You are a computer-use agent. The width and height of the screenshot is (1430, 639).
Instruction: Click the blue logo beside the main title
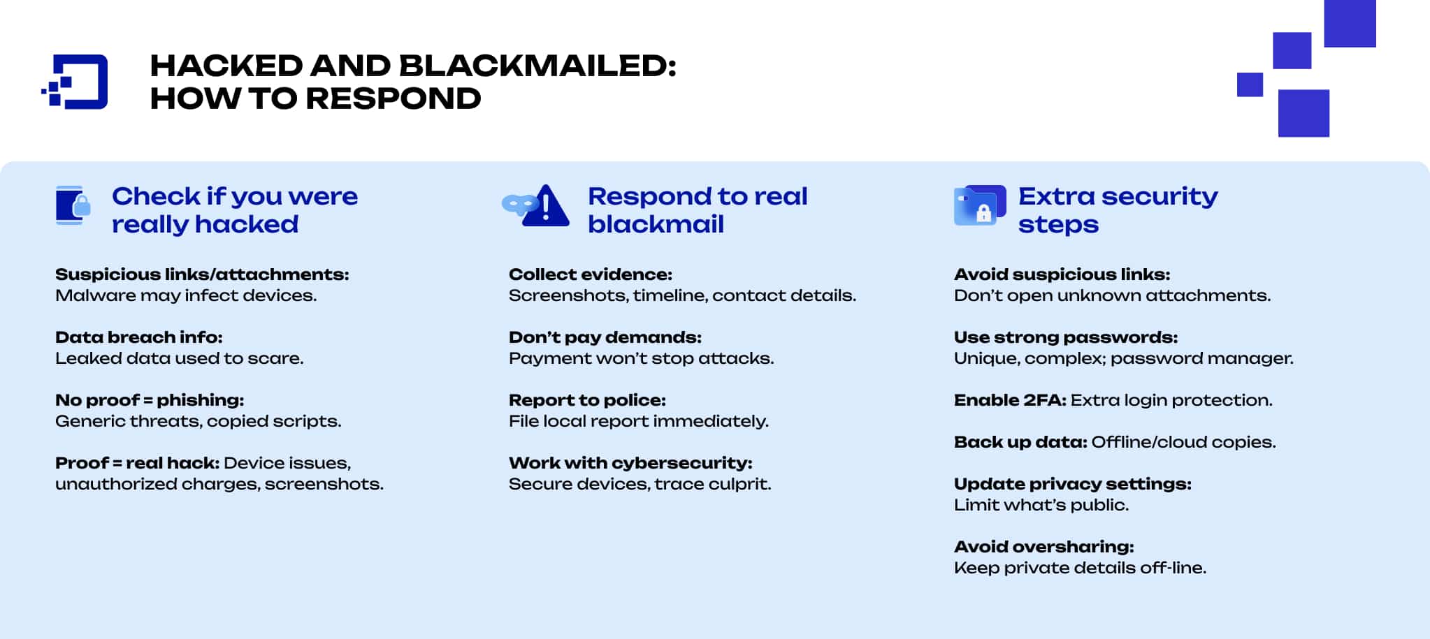pyautogui.click(x=75, y=82)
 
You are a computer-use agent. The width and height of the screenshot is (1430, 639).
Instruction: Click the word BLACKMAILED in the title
pyautogui.click(x=537, y=66)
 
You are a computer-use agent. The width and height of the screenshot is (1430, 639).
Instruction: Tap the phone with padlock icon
pyautogui.click(x=73, y=205)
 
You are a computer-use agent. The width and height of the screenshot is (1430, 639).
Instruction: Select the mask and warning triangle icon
pyautogui.click(x=537, y=206)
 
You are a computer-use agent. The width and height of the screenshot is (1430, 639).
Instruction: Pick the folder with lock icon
pyautogui.click(x=979, y=205)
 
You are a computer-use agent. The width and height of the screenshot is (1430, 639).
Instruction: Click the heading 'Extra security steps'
pyautogui.click(x=1117, y=210)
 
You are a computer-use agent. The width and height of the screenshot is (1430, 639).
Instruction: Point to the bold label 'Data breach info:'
pyautogui.click(x=138, y=337)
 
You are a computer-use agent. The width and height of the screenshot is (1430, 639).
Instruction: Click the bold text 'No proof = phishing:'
pyautogui.click(x=150, y=400)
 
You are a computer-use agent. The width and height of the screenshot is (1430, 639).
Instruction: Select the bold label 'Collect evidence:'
pyautogui.click(x=590, y=274)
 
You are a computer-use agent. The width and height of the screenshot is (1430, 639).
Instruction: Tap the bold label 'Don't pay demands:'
pyautogui.click(x=605, y=337)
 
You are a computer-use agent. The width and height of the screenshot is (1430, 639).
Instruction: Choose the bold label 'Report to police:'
pyautogui.click(x=587, y=400)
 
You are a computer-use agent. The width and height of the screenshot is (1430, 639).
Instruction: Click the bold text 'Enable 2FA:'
pyautogui.click(x=1009, y=400)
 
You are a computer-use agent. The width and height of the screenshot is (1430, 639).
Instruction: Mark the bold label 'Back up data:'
pyautogui.click(x=1020, y=442)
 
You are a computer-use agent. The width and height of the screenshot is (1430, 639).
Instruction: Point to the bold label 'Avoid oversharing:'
pyautogui.click(x=1043, y=547)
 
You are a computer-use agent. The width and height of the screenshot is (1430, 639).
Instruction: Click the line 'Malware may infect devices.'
pyautogui.click(x=186, y=295)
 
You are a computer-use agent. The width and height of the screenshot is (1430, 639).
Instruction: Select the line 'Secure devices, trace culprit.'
pyautogui.click(x=640, y=484)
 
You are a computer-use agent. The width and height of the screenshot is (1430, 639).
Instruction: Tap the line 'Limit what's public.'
pyautogui.click(x=1041, y=505)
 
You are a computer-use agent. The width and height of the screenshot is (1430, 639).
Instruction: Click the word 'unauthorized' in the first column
pyautogui.click(x=116, y=484)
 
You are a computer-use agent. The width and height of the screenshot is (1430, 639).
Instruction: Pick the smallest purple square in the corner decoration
pyautogui.click(x=1250, y=85)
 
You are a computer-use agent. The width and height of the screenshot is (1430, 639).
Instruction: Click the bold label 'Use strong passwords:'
pyautogui.click(x=1065, y=337)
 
